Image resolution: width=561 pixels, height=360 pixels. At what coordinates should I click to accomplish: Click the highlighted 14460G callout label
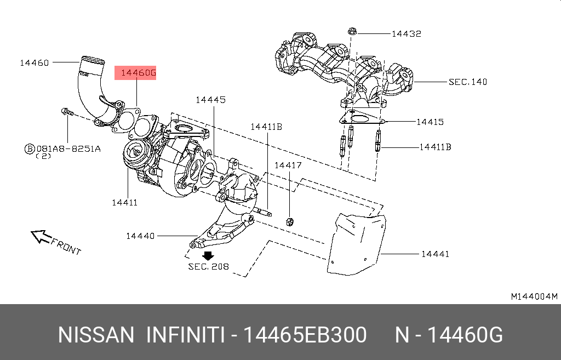[135, 73]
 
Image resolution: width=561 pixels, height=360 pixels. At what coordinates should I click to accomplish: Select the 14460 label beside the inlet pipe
[35, 62]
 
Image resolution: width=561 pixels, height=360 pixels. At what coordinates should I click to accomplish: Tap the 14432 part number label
[406, 33]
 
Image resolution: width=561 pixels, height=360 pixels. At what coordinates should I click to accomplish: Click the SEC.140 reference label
[467, 82]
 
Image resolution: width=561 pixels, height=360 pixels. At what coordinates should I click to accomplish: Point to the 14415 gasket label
[430, 122]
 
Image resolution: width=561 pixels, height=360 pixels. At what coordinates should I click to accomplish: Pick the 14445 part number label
[210, 100]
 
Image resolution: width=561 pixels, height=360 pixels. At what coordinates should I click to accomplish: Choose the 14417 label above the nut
[288, 165]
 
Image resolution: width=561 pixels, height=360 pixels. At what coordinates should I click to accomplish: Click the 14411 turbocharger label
[124, 202]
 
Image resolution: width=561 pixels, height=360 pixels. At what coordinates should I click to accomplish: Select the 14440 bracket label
[140, 236]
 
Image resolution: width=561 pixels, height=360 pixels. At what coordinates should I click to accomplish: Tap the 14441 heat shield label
[435, 254]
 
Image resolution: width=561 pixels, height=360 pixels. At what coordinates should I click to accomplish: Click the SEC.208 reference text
[208, 267]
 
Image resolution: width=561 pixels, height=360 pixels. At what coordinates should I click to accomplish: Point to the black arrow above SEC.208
[208, 255]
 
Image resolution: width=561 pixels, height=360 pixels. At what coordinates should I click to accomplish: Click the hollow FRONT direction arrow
[40, 236]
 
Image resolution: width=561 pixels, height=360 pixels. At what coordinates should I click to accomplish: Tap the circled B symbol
[29, 148]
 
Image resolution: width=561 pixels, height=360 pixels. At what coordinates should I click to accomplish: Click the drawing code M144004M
[534, 296]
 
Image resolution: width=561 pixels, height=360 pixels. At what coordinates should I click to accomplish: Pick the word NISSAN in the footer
[96, 334]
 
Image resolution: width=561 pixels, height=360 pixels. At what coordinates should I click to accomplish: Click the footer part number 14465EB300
[305, 334]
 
